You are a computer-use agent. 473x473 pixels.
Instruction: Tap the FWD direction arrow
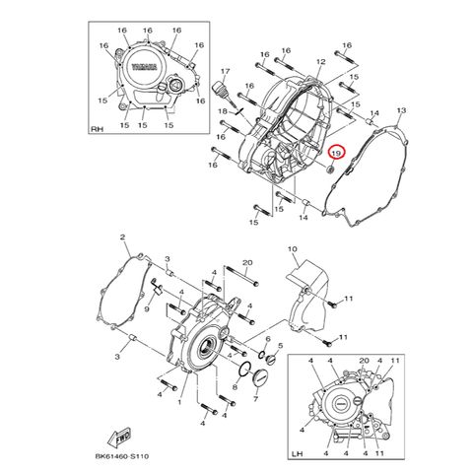point(119,437)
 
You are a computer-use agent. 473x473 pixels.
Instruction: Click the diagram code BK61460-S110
point(122,456)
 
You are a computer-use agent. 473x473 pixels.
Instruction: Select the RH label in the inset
point(97,129)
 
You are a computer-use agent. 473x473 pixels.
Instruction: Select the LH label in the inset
point(297,454)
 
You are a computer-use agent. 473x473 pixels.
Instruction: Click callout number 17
point(225,71)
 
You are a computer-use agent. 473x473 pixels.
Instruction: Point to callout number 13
point(401,110)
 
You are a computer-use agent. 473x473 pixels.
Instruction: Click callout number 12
point(320,61)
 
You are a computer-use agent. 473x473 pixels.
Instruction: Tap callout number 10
point(292,249)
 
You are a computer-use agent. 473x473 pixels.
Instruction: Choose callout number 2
point(122,236)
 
